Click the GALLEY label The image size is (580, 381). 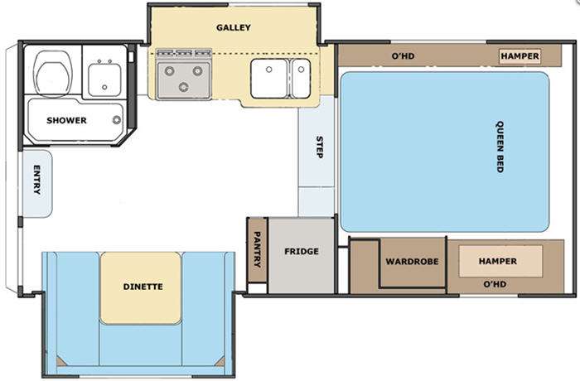point(234,27)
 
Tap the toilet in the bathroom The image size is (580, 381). point(52,74)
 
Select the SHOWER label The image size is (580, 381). point(66,120)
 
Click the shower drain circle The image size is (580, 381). point(117,119)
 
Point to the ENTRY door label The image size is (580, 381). point(37,180)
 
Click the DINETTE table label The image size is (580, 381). point(143,287)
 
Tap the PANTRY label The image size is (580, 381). point(257,249)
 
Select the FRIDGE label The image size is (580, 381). point(302,252)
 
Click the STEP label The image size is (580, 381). point(319,147)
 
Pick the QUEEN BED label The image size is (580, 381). point(500,147)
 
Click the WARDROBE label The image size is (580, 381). point(412,262)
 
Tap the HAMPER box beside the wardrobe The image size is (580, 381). point(500,261)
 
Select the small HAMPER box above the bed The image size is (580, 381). point(520,56)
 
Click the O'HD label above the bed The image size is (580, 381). point(403,56)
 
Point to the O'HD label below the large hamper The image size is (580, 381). point(495,284)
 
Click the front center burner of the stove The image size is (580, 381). point(183,87)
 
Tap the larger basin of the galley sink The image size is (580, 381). point(269,79)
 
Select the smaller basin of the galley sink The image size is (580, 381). point(301,79)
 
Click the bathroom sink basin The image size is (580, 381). point(104,80)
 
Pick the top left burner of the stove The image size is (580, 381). point(169,70)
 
